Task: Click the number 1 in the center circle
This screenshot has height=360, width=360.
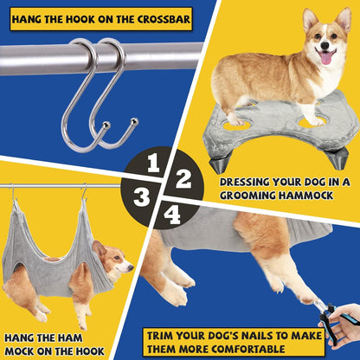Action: tap(155, 163)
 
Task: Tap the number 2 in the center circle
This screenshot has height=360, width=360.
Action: tap(183, 179)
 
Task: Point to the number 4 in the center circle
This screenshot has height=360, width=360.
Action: tap(173, 214)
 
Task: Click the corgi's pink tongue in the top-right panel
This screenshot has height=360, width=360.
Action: tap(325, 58)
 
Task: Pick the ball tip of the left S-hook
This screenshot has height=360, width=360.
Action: tap(106, 127)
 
